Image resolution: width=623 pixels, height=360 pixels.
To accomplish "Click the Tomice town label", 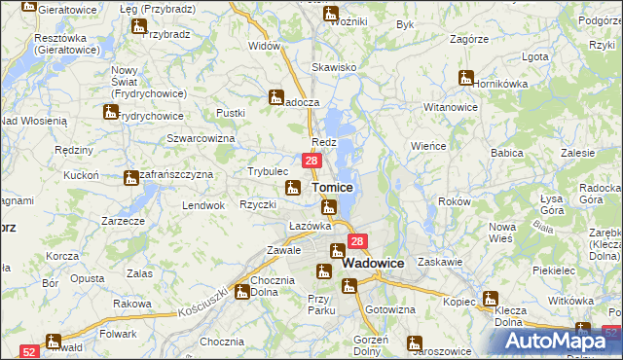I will tap(331, 186).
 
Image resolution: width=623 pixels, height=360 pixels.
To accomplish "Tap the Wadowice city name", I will tap(374, 263).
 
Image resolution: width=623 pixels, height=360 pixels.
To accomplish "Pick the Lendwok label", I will tap(203, 205).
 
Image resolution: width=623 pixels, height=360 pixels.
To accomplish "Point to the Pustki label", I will tap(231, 113).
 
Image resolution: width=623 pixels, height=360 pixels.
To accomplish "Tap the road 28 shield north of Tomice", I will tap(311, 161).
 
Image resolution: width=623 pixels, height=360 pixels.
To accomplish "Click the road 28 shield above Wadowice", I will tap(357, 242).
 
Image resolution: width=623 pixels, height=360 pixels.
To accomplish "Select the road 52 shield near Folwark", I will tap(29, 350).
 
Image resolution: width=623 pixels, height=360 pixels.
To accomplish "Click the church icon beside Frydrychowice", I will tap(109, 113).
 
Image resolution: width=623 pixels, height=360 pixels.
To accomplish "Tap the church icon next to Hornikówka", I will tap(467, 78).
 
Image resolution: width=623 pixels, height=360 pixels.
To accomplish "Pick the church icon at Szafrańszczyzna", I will tap(131, 179).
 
